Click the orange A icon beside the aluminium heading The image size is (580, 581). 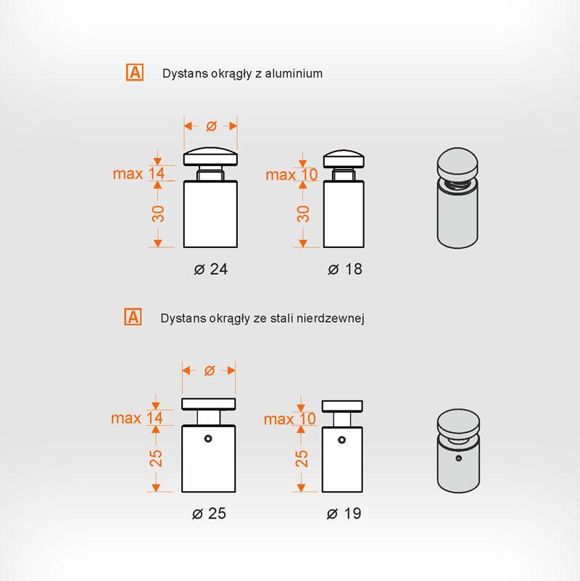pyautogui.click(x=134, y=73)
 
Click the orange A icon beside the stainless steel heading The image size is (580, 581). pyautogui.click(x=133, y=317)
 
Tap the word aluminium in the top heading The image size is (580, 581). pyautogui.click(x=294, y=73)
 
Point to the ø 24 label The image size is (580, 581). pyautogui.click(x=211, y=269)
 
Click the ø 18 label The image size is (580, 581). pyautogui.click(x=345, y=269)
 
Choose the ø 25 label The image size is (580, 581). pyautogui.click(x=209, y=514)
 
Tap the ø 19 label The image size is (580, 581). pyautogui.click(x=344, y=514)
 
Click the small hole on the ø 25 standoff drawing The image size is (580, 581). pyautogui.click(x=208, y=439)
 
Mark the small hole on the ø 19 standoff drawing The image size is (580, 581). pyautogui.click(x=342, y=440)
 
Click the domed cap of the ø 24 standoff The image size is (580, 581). pyautogui.click(x=210, y=157)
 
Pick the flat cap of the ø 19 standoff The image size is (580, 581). pyautogui.click(x=342, y=406)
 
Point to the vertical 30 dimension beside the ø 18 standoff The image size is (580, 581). pyautogui.click(x=303, y=214)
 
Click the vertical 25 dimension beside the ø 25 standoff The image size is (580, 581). pyautogui.click(x=156, y=458)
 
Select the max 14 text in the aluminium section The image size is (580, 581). pyautogui.click(x=138, y=173)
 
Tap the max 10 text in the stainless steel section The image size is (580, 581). pyautogui.click(x=289, y=419)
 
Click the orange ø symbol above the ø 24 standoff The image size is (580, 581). pyautogui.click(x=211, y=126)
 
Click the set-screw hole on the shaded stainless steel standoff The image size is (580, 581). pyautogui.click(x=458, y=458)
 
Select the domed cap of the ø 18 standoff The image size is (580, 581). pyautogui.click(x=344, y=159)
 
